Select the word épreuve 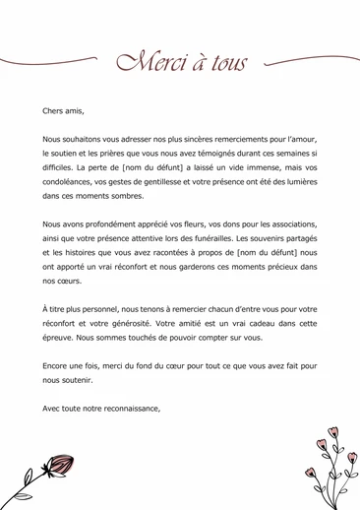pyautogui.click(x=58, y=338)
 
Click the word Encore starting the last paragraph pyautogui.click(x=56, y=366)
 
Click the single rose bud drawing pyautogui.click(x=57, y=466)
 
